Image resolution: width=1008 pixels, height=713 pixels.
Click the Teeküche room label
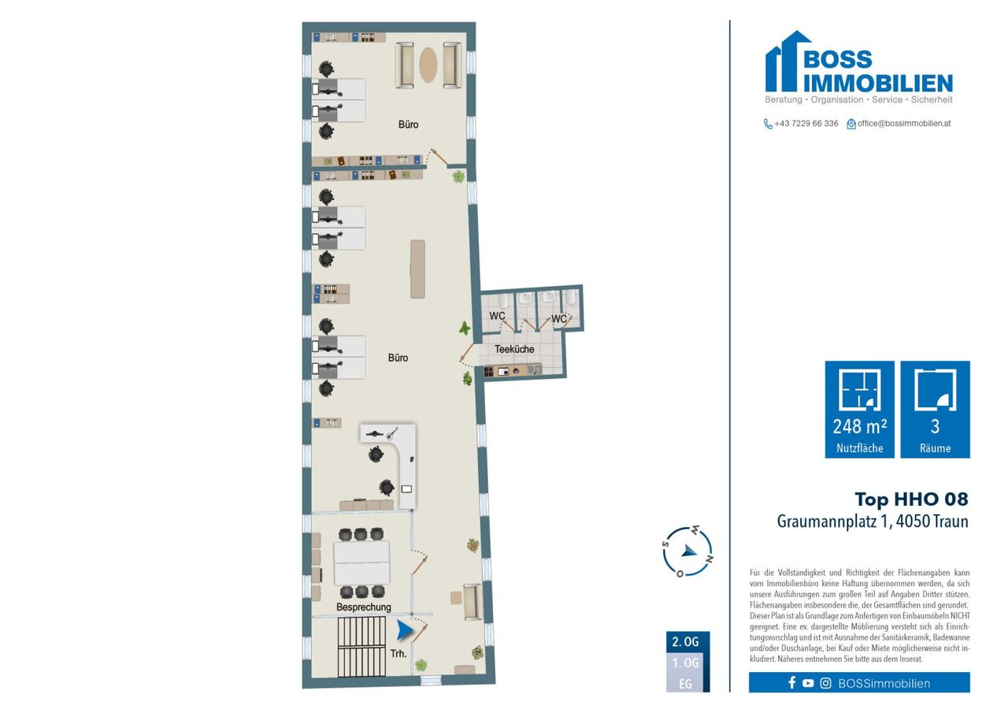click(514, 349)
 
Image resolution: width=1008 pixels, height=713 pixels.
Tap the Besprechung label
click(364, 607)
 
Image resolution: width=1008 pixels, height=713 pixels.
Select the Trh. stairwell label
click(398, 654)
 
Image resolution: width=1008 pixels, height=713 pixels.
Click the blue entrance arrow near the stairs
click(405, 630)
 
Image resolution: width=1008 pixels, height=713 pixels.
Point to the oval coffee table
click(428, 65)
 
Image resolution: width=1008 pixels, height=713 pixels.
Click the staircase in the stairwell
click(361, 646)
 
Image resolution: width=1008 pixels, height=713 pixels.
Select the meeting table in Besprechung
click(361, 563)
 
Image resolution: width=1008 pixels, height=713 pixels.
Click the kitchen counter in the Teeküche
click(513, 371)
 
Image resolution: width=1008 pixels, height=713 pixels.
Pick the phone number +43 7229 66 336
click(806, 124)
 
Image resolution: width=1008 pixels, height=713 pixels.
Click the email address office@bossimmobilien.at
click(903, 124)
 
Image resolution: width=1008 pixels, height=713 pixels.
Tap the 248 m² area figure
click(859, 427)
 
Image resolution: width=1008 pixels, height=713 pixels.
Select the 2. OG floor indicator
click(685, 642)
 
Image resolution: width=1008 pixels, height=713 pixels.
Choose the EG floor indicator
click(685, 684)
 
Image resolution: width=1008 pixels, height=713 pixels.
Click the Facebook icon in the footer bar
click(792, 683)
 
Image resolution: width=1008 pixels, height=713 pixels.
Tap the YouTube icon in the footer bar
click(808, 683)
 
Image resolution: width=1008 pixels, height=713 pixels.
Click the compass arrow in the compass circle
click(688, 551)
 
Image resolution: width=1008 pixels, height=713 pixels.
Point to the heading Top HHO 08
click(911, 499)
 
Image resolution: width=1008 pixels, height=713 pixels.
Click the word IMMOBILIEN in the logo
click(878, 84)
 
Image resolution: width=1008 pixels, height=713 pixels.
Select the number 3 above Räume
click(935, 426)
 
